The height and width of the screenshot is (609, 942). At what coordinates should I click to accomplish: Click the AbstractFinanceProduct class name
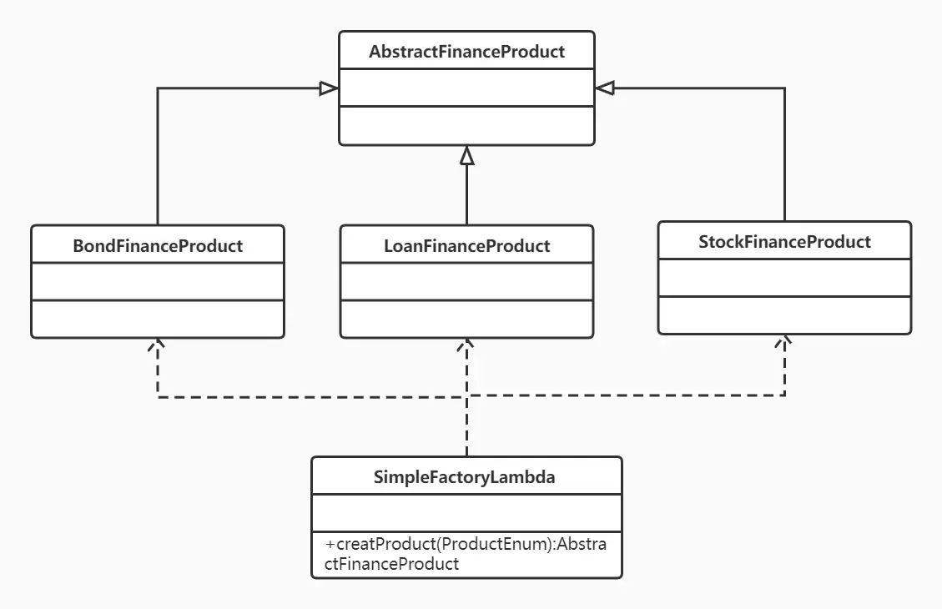coord(466,52)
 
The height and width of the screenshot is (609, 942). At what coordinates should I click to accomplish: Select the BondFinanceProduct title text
coord(158,245)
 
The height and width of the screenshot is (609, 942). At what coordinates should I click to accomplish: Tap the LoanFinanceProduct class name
coord(466,245)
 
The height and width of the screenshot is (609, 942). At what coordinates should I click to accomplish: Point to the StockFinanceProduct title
coord(784,242)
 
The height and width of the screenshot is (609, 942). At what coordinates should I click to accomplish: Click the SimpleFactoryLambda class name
coord(466,477)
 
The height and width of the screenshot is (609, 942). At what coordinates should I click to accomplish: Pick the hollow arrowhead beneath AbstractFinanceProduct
coord(466,155)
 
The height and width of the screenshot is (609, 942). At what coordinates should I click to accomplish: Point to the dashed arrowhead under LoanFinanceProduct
coord(466,344)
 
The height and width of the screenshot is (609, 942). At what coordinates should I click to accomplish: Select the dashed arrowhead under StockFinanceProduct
coord(784,340)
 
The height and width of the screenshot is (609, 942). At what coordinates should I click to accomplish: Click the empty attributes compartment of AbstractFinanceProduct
coord(466,88)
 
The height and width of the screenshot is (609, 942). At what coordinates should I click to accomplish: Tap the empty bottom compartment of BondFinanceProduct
coord(158,319)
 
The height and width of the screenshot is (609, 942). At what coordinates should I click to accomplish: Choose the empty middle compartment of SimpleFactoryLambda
coord(466,512)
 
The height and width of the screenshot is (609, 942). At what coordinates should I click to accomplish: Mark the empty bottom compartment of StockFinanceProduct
coord(784,315)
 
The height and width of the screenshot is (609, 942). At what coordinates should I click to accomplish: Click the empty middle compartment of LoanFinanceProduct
coord(466,282)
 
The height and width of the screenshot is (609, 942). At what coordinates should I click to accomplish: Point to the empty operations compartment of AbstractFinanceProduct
coord(466,125)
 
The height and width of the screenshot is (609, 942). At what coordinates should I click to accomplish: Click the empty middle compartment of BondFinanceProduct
coord(158,282)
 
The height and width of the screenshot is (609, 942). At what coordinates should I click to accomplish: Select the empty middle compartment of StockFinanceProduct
coord(784,277)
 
